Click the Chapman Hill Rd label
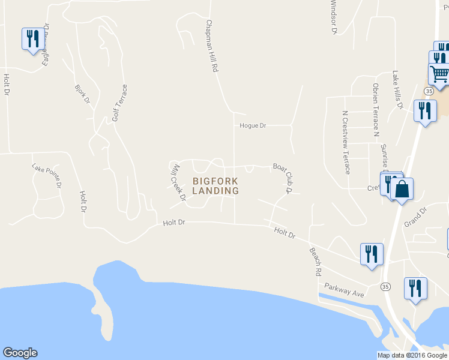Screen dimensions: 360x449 click(x=211, y=46)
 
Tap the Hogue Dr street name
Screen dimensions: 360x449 click(x=252, y=125)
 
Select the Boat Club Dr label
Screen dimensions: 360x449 click(x=282, y=178)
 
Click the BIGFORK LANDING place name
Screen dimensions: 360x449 click(x=215, y=186)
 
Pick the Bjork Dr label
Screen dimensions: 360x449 click(x=82, y=92)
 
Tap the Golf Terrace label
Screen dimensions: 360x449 click(x=120, y=102)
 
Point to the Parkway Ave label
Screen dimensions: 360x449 click(x=345, y=290)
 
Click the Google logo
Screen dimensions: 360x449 click(x=20, y=353)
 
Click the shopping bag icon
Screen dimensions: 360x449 click(x=402, y=189)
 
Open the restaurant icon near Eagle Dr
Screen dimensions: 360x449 click(x=31, y=39)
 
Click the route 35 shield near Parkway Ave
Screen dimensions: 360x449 click(x=385, y=287)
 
